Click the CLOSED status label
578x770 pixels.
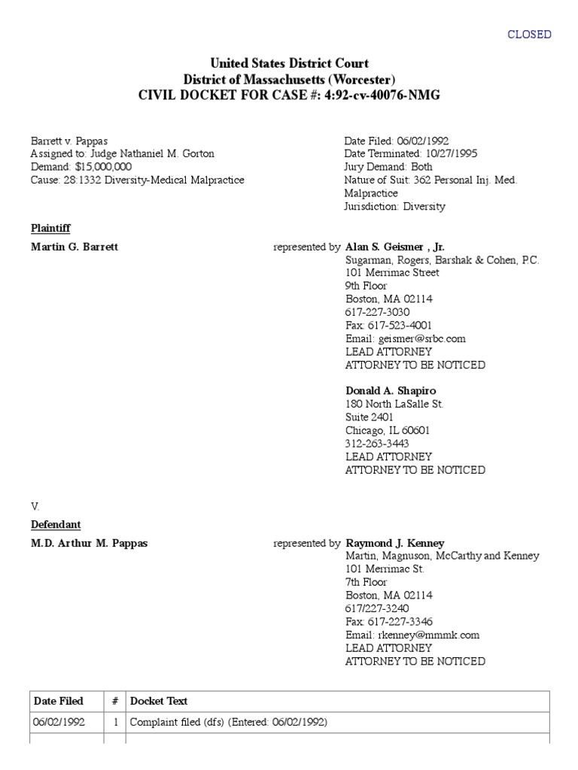pos(529,35)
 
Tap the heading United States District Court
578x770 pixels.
pos(289,64)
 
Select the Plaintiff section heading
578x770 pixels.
pos(50,228)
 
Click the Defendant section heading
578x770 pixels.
pos(56,524)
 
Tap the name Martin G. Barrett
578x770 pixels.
pos(74,247)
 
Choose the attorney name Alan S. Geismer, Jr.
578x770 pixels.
pos(395,247)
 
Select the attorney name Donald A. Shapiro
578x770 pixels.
pos(391,391)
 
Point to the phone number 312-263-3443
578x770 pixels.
pos(377,444)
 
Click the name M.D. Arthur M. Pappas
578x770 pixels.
pos(89,544)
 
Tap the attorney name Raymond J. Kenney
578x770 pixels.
pos(394,543)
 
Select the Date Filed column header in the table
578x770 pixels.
pos(59,701)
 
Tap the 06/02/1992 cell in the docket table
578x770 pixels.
pos(59,723)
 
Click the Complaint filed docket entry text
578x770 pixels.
pos(229,723)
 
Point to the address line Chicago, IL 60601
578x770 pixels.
pos(388,431)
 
